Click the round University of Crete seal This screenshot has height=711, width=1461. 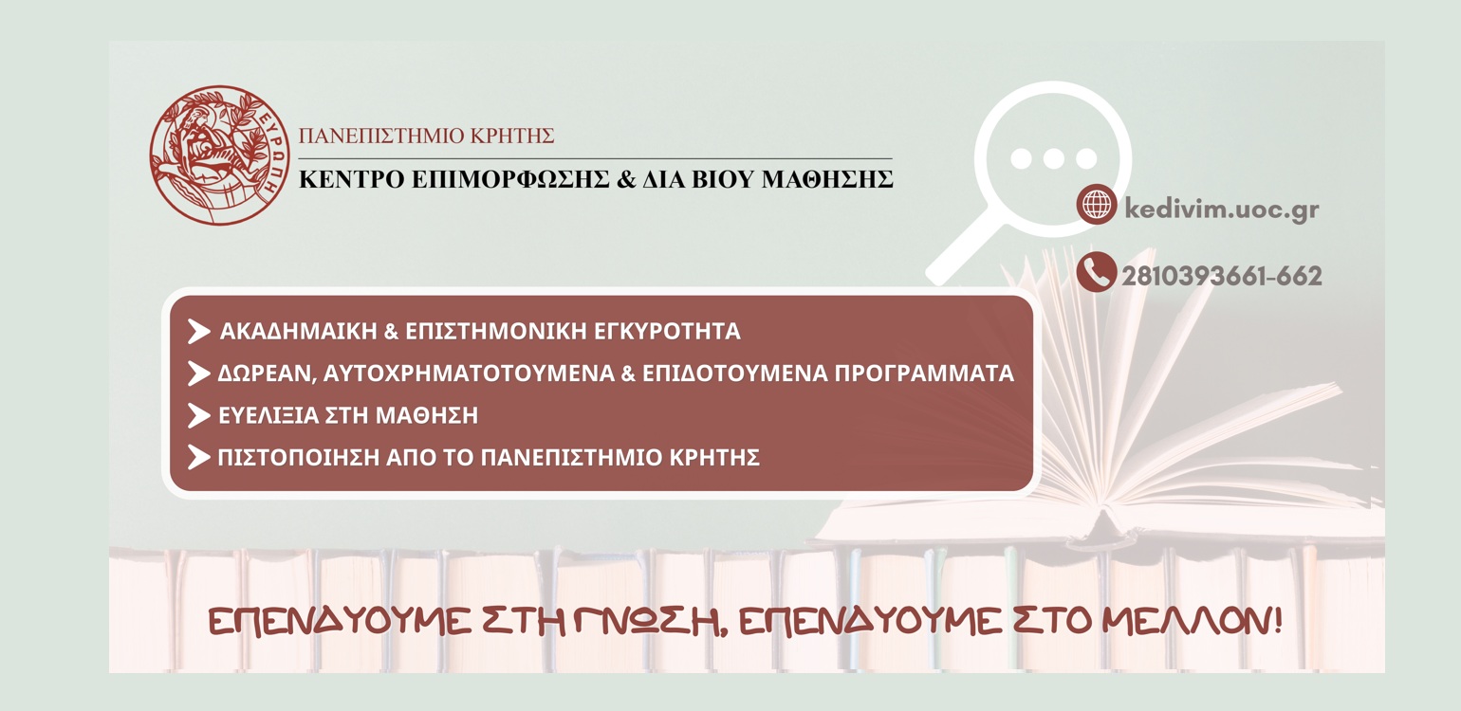tap(220, 155)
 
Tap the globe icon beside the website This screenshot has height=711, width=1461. tap(1097, 205)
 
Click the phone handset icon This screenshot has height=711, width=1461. tap(1097, 272)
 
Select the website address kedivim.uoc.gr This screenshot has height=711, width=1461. tap(1222, 210)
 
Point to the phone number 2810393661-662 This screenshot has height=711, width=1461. tap(1222, 276)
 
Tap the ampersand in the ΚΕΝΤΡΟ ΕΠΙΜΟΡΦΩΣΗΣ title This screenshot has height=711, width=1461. tap(626, 178)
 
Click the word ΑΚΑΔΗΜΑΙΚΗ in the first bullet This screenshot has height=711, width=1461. tap(299, 331)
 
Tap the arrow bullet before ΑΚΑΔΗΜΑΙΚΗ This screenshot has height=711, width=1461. tap(199, 331)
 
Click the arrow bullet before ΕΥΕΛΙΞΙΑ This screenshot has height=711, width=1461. tap(199, 415)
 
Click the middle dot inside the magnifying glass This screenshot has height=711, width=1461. tap(1053, 158)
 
